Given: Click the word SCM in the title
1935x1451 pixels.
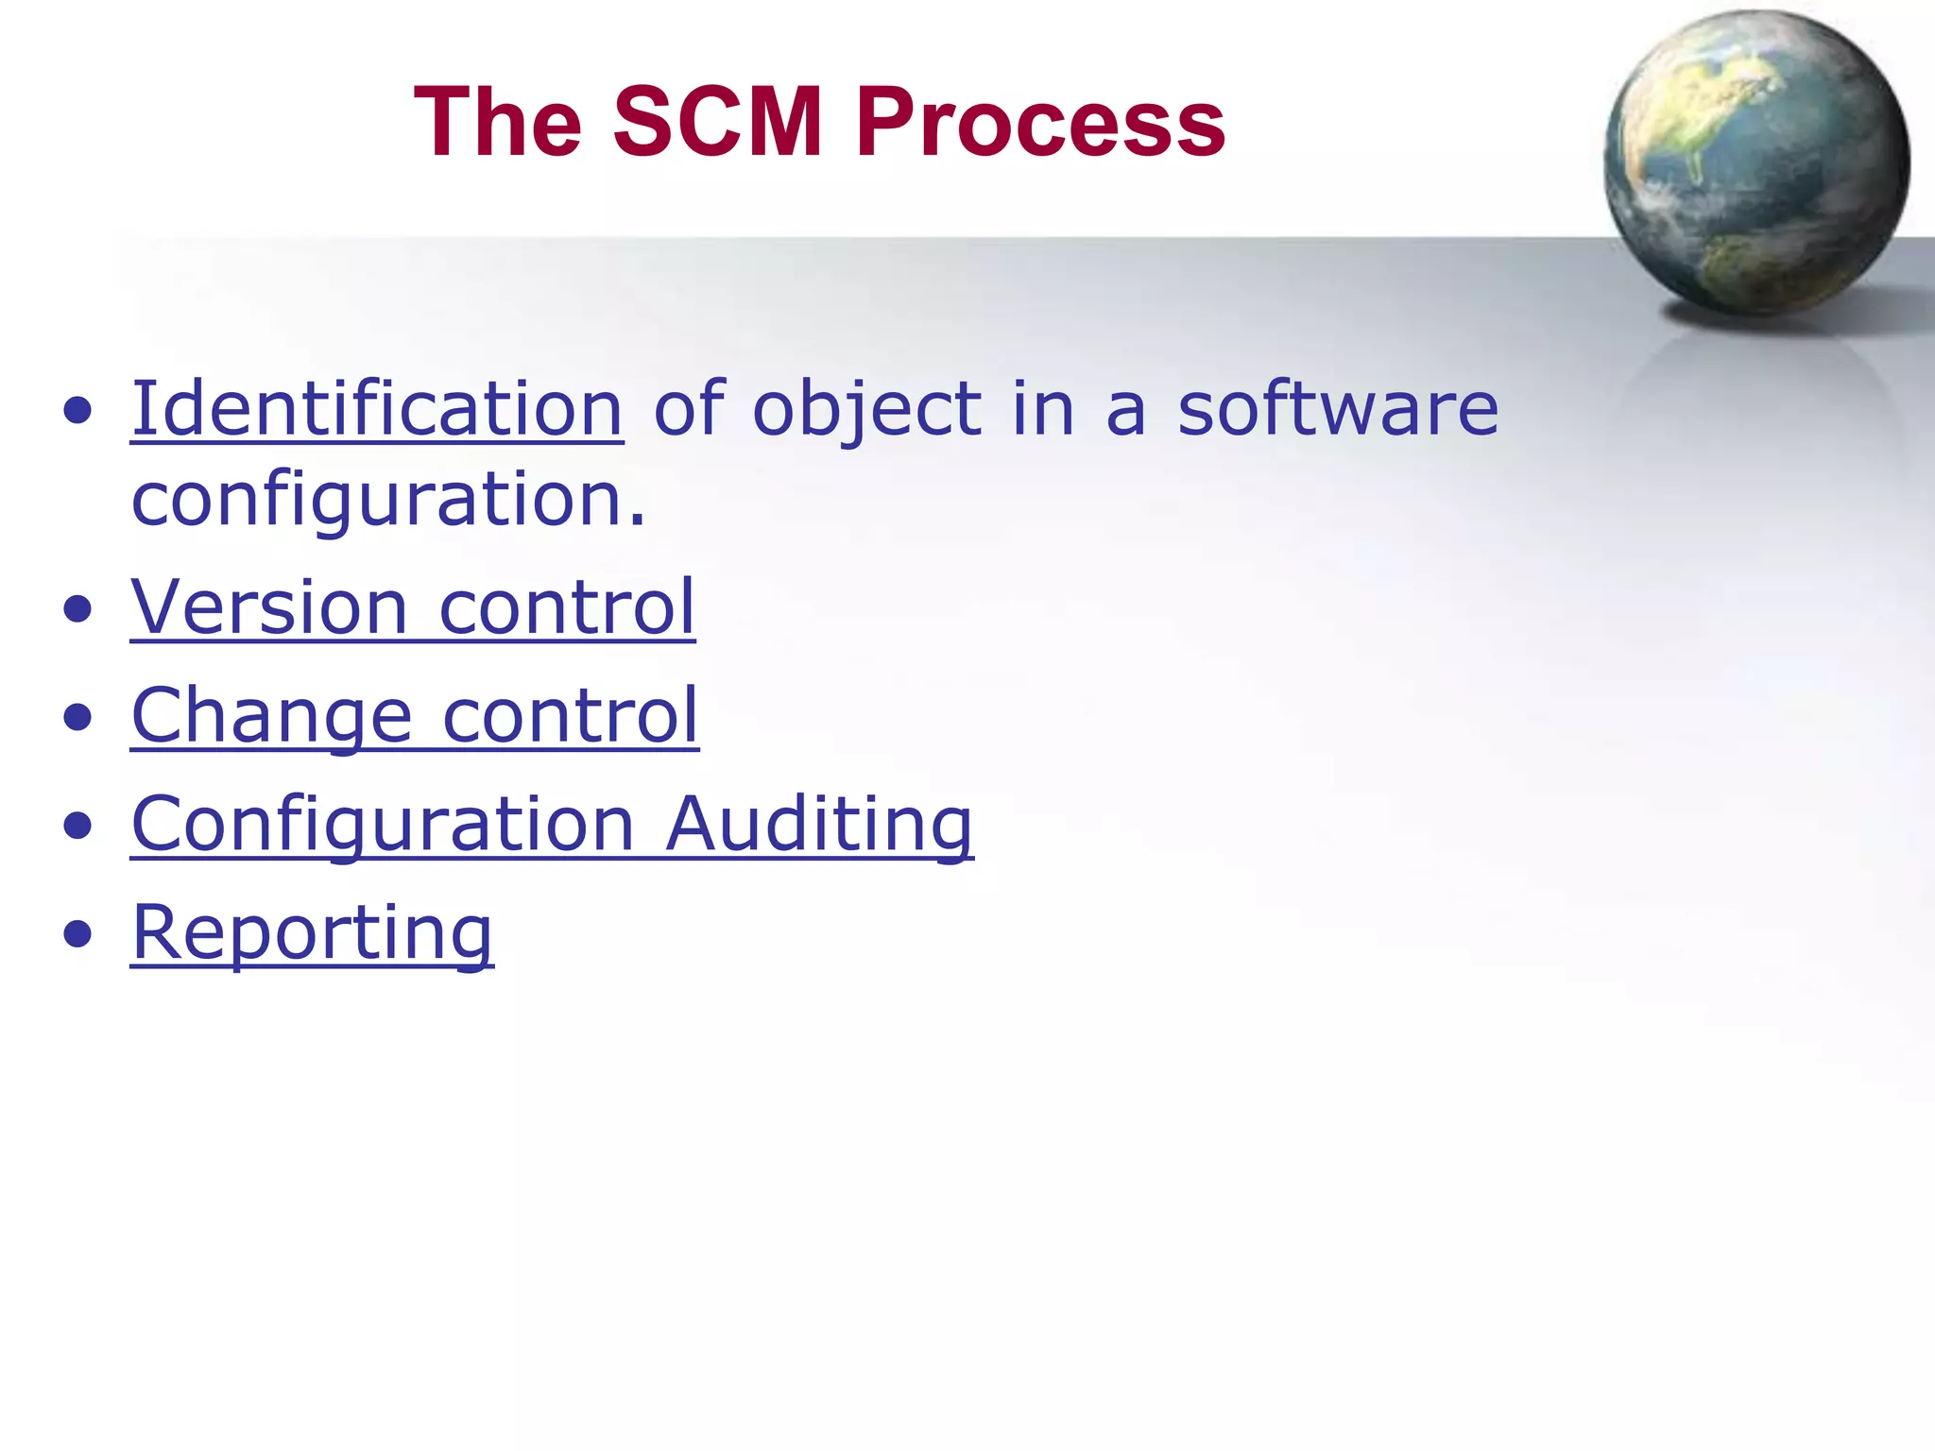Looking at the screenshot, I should point(718,123).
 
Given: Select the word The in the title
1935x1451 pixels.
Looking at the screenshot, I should point(498,123).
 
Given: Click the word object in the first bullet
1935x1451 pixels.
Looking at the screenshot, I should point(866,410).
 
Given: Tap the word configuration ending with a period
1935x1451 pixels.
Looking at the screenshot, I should point(387,501).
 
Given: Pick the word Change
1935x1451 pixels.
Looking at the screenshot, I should point(272,716).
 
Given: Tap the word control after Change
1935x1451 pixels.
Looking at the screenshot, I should point(571,715).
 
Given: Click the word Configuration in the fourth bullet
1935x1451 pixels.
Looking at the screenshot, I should point(383,825).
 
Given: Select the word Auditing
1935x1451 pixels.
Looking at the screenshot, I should point(819,825).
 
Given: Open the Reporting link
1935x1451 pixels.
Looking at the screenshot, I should point(312,933).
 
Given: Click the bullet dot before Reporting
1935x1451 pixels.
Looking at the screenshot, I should point(78,934).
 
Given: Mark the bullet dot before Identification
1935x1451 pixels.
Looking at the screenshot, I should point(78,411).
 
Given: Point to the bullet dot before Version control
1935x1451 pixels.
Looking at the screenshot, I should point(78,609).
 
